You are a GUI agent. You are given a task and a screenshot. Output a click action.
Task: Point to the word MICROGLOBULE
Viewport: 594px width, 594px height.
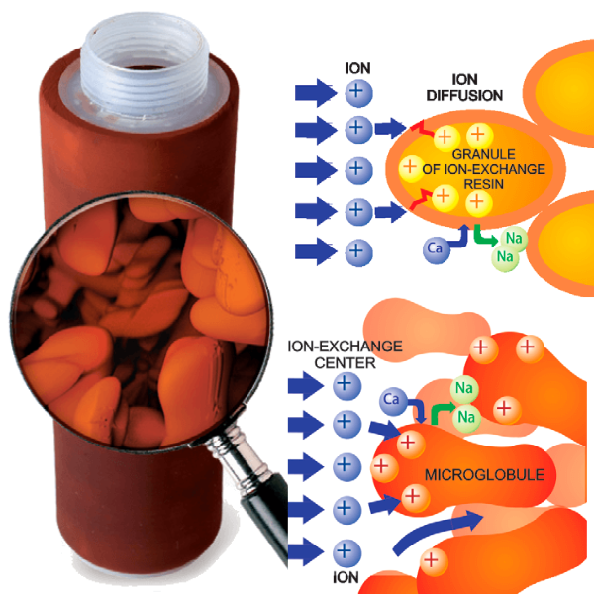(484, 475)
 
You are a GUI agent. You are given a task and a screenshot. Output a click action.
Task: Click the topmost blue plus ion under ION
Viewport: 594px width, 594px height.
(356, 93)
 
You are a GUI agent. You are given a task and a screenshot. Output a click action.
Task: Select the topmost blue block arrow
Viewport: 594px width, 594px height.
(316, 93)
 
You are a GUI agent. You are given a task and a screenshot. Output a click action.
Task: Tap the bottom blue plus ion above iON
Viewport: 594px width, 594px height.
(345, 551)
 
